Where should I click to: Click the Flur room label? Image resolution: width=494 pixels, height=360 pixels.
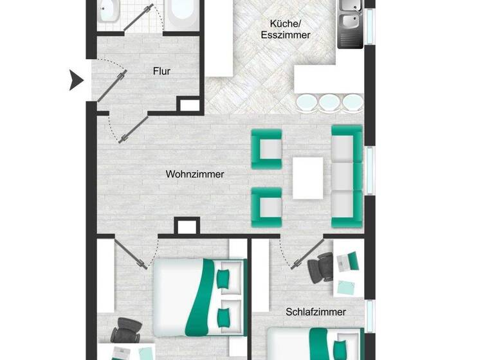point(161,71)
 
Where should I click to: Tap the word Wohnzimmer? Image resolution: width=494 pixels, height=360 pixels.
point(195,174)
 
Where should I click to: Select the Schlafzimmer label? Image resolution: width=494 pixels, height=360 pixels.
point(316,312)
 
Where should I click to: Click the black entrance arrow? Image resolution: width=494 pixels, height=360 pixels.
point(77,80)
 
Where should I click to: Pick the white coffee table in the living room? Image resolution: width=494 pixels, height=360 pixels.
point(307,178)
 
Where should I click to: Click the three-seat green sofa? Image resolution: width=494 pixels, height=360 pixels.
point(346,176)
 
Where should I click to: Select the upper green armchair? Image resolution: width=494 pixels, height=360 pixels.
point(267,149)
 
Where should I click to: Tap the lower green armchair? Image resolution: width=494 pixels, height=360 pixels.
point(267,207)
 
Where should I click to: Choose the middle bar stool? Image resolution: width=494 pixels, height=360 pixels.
point(329,102)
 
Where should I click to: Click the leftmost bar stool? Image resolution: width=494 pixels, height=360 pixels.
point(307,102)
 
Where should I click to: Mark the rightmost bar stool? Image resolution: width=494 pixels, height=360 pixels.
point(351,102)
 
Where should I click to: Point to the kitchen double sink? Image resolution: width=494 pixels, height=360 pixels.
point(350,22)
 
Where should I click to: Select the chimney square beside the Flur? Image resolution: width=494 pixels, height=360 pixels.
point(188,105)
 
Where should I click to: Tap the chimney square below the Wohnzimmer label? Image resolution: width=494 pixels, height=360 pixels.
point(187,226)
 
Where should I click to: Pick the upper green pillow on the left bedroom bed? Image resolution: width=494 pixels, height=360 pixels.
point(223,278)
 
